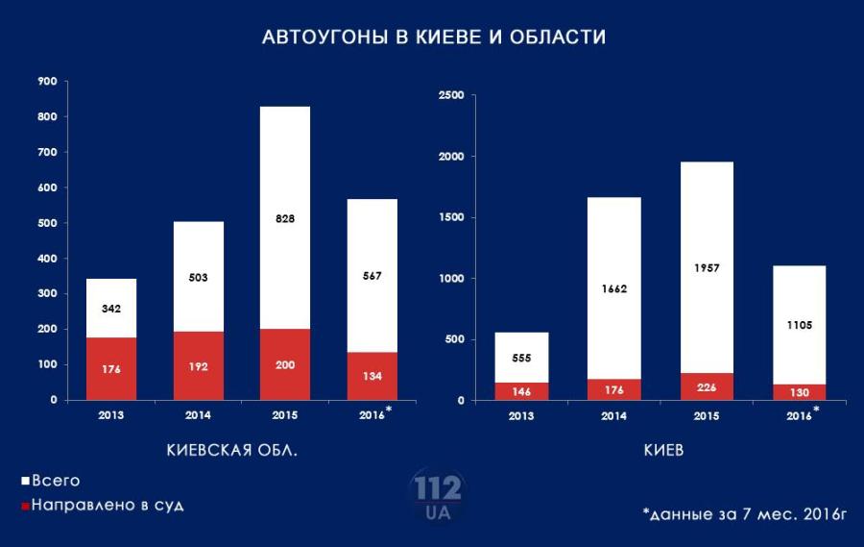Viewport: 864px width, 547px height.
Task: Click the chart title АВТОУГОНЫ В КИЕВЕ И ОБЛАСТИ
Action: pos(434,37)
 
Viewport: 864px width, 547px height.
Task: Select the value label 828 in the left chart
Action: pos(285,218)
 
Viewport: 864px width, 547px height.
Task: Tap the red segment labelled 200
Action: pos(285,364)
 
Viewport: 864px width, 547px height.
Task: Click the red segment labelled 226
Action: pos(707,386)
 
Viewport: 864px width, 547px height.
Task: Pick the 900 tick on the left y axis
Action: pos(47,82)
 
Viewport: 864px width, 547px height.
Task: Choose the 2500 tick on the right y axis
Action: pos(450,95)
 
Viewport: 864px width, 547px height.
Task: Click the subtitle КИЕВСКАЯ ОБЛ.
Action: pos(232,451)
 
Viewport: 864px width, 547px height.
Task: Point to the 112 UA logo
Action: pos(437,495)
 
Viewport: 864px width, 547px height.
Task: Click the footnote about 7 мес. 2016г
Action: pos(744,513)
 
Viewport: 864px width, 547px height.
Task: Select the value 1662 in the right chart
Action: pos(613,288)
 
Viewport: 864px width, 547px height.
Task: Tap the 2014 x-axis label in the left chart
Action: pos(198,415)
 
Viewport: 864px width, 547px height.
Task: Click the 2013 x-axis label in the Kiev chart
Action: pos(521,415)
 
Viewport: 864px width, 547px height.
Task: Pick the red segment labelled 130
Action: pos(799,392)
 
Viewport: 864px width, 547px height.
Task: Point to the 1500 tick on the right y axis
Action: pos(450,217)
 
